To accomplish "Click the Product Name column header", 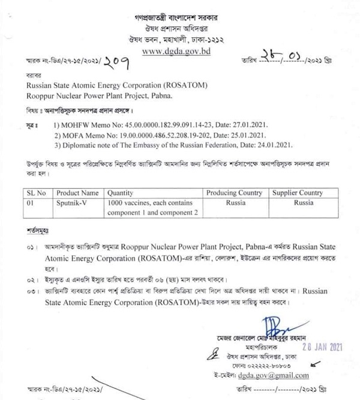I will [77, 193].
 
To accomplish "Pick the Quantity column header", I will [121, 193].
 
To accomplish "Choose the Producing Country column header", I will [234, 193].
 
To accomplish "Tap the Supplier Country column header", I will [298, 193].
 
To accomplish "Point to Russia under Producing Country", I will [234, 203].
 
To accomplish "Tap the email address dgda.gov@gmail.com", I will [274, 375].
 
